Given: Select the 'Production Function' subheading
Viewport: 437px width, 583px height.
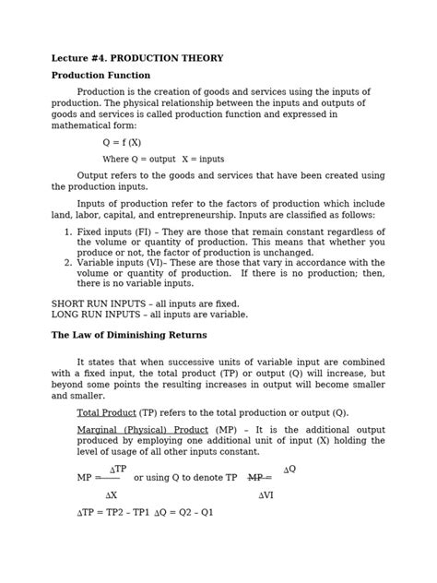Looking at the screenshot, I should [x=100, y=75].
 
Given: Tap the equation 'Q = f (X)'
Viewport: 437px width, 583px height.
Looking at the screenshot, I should [x=122, y=143].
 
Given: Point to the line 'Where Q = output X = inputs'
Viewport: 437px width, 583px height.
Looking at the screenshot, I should [x=162, y=159].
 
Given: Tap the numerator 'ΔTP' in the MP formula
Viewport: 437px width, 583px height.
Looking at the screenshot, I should [x=118, y=470].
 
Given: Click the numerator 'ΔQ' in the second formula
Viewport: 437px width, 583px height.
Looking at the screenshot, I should [x=289, y=469].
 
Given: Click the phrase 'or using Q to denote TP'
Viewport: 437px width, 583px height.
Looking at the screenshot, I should [x=185, y=479].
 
